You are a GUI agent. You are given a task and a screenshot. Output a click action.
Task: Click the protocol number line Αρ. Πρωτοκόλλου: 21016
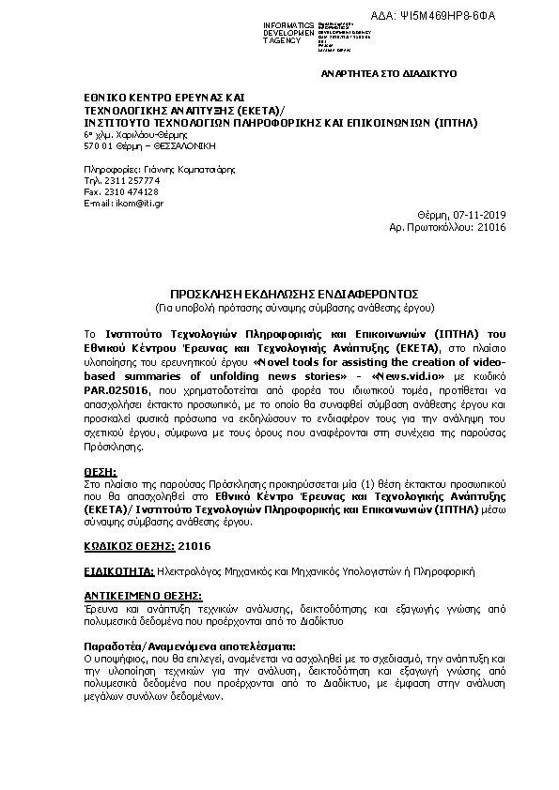447,226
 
